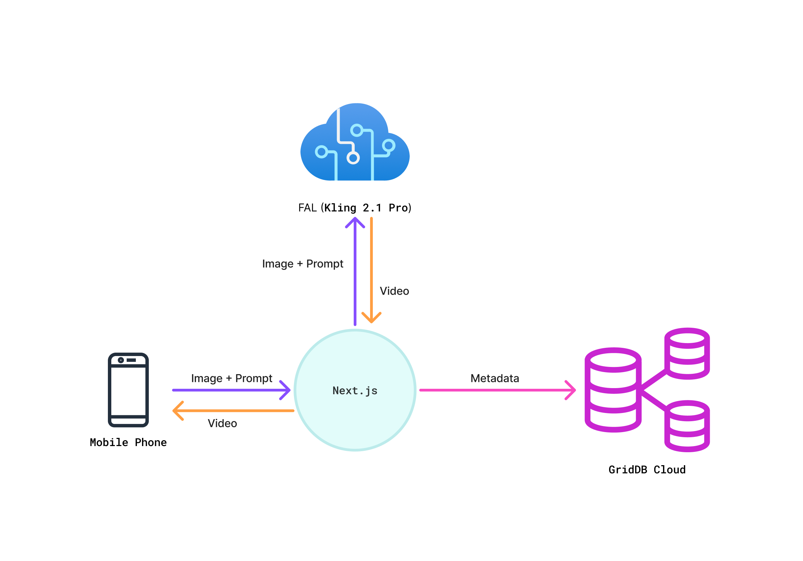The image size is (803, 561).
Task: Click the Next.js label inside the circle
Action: tap(355, 390)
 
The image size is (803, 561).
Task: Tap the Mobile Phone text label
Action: tap(128, 442)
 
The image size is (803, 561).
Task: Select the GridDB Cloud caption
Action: tap(647, 470)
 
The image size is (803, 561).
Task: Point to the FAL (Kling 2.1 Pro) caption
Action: tap(355, 208)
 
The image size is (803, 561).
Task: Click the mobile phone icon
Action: tap(128, 390)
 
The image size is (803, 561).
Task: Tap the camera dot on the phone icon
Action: tap(121, 360)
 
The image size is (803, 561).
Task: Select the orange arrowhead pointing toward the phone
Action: tap(177, 411)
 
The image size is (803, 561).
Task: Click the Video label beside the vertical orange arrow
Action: tap(394, 291)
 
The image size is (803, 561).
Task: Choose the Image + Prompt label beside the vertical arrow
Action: tap(302, 264)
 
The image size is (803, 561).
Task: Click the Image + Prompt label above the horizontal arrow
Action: tap(231, 378)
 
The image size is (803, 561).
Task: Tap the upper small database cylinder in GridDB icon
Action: tap(687, 354)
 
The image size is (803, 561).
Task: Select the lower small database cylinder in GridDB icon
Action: tap(687, 426)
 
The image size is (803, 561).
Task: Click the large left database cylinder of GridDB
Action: tap(613, 390)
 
